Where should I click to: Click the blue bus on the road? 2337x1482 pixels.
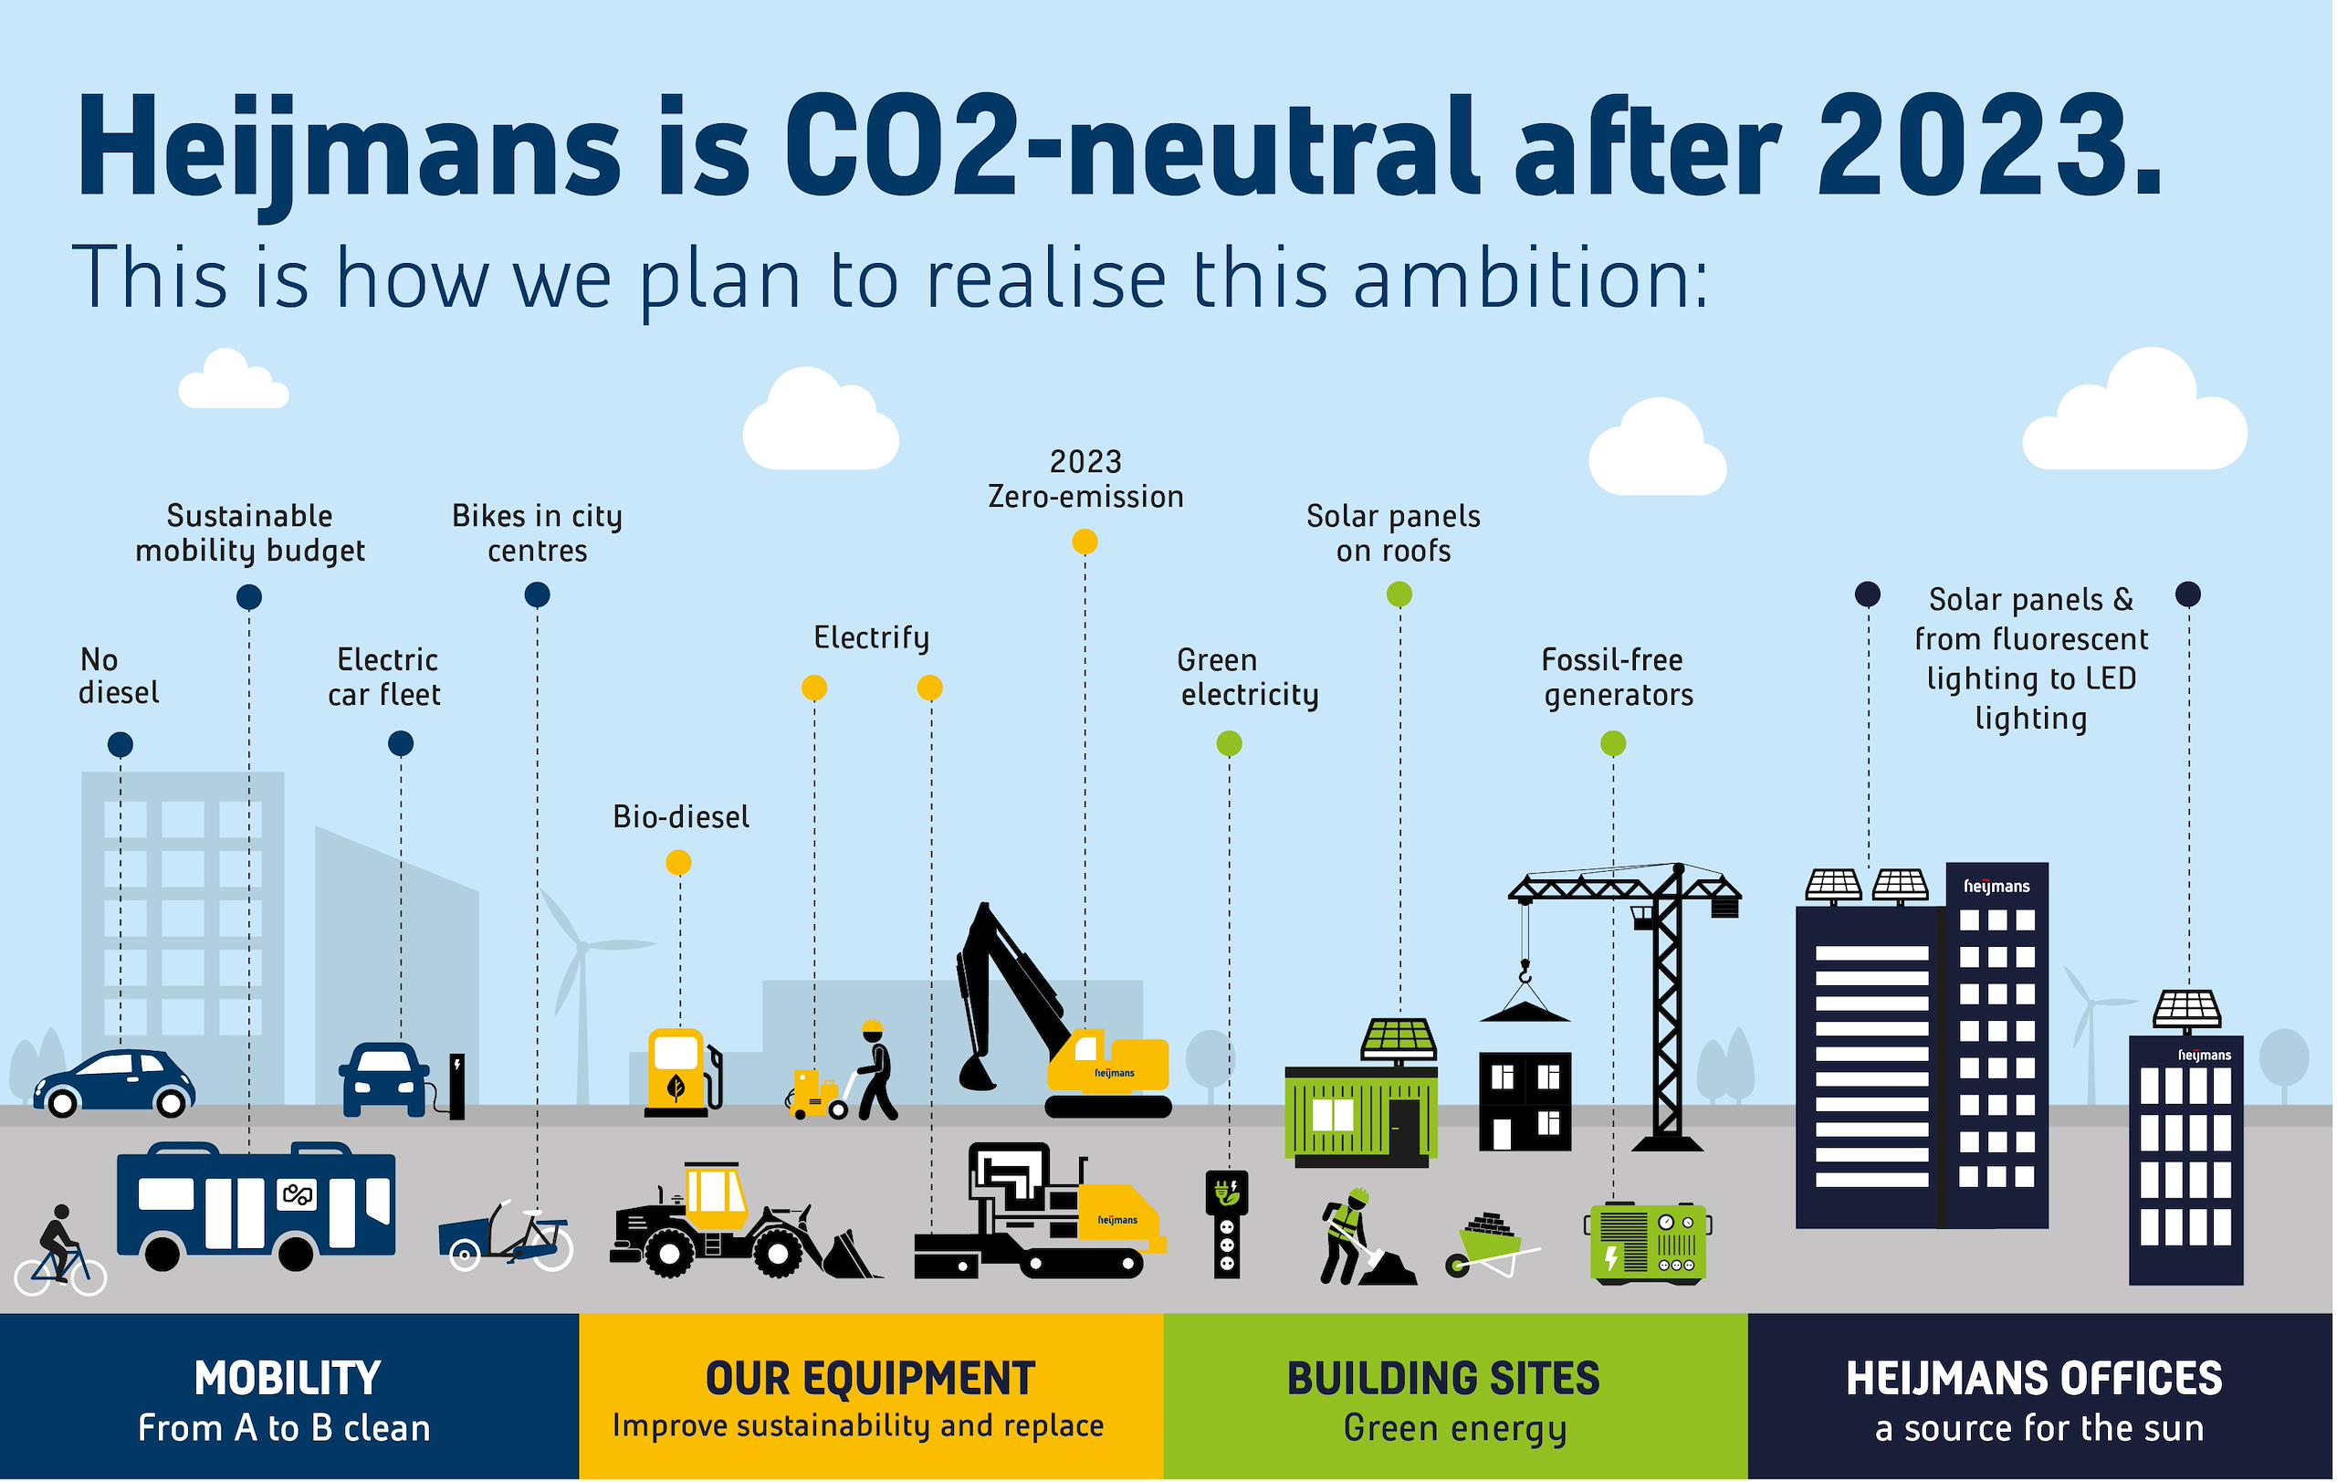coord(257,1206)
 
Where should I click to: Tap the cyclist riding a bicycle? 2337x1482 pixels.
coord(60,1251)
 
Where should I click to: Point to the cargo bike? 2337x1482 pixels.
coord(506,1237)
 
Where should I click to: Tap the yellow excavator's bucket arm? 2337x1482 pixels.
coord(1010,990)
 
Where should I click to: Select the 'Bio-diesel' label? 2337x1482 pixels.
coord(681,817)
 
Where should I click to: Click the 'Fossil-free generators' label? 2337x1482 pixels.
coord(1617,678)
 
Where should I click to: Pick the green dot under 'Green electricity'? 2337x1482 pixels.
coord(1229,743)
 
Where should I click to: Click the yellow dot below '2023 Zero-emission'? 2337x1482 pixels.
coord(1085,541)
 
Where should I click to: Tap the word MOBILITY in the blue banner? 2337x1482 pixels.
coord(288,1378)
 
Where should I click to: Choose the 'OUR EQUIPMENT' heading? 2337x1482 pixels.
coord(871,1378)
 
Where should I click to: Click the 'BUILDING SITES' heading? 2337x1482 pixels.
coord(1443,1378)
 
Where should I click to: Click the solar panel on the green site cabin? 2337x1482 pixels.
coord(1399,1039)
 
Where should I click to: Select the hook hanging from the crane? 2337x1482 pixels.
coord(1525,971)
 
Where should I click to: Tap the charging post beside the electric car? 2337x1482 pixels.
coord(457,1086)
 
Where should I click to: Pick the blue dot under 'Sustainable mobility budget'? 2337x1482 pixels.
coord(249,597)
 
